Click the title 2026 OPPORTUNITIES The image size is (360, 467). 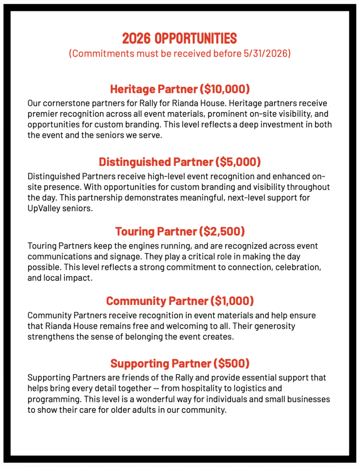point(180,37)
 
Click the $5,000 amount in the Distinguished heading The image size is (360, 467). point(237,161)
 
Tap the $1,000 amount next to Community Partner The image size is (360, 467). point(232,301)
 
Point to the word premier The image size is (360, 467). point(42,114)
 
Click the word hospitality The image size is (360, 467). point(178,389)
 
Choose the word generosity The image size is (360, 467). point(273,327)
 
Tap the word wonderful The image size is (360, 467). point(162,399)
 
